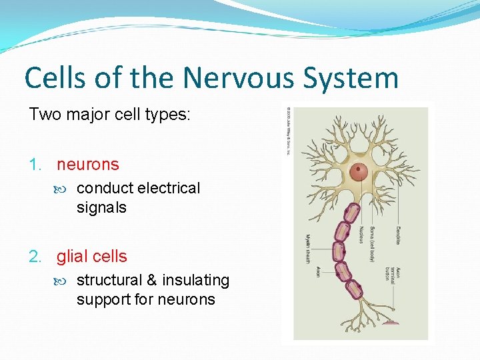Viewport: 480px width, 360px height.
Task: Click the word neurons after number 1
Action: pos(88,164)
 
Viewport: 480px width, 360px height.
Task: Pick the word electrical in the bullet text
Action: pos(169,188)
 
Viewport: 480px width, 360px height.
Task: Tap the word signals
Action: pos(101,207)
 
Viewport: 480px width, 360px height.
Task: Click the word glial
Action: pos(73,256)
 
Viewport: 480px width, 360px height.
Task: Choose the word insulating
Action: pos(194,280)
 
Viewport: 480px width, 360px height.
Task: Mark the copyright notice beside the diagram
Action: pos(289,130)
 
